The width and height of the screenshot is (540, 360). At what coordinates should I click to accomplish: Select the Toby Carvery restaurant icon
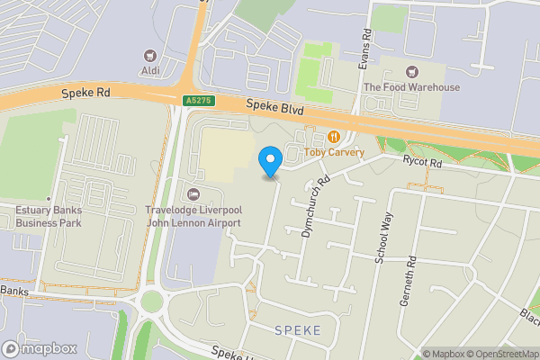(x=334, y=137)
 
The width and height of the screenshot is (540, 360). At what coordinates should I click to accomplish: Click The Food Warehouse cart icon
(x=412, y=72)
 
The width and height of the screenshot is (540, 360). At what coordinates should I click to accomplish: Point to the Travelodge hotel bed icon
(x=193, y=194)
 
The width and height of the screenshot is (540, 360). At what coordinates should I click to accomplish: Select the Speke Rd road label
(x=85, y=93)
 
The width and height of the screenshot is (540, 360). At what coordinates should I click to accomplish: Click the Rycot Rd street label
(x=423, y=164)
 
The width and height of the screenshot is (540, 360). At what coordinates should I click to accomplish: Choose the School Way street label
(x=383, y=237)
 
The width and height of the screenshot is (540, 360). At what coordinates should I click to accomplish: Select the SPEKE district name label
(x=296, y=331)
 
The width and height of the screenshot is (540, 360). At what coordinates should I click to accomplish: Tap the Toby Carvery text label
(x=334, y=152)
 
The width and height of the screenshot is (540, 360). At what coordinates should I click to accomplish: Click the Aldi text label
(x=150, y=71)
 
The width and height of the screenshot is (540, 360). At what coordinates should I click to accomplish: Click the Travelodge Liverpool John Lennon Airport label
(x=193, y=216)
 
